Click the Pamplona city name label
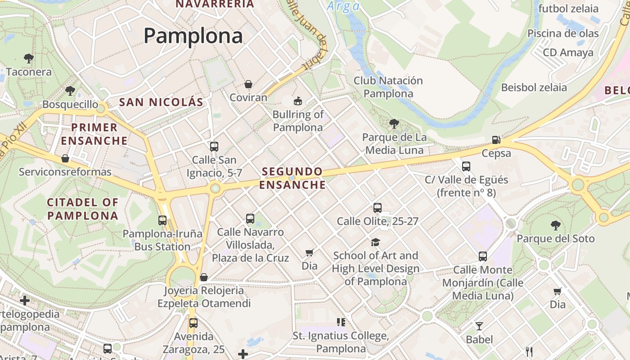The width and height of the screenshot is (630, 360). click(x=193, y=36)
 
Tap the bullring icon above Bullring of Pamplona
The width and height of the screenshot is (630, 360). click(x=297, y=101)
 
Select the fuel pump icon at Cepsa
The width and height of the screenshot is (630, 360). click(x=496, y=140)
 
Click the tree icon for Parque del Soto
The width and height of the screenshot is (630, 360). click(x=555, y=225)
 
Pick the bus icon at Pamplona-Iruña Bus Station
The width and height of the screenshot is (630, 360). click(x=162, y=220)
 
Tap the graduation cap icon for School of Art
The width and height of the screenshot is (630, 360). click(x=375, y=243)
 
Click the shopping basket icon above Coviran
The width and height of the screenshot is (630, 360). click(x=248, y=84)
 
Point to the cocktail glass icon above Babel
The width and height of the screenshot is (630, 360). click(x=479, y=326)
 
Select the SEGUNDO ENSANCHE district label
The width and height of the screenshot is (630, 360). click(x=292, y=178)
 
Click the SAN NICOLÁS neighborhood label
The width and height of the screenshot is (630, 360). click(x=161, y=102)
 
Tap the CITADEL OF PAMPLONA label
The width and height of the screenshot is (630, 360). click(x=83, y=209)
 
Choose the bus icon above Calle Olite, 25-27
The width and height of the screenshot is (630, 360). click(x=378, y=208)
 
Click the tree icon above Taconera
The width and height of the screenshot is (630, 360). click(x=29, y=58)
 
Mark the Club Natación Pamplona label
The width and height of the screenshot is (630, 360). click(x=388, y=87)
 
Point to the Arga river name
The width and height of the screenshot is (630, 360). click(x=343, y=6)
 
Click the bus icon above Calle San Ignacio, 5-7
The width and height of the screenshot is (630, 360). click(x=214, y=146)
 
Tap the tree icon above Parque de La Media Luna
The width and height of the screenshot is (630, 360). click(x=394, y=123)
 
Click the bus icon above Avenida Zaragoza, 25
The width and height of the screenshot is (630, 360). click(x=193, y=323)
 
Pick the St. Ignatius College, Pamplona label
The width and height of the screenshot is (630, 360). click(x=341, y=342)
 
